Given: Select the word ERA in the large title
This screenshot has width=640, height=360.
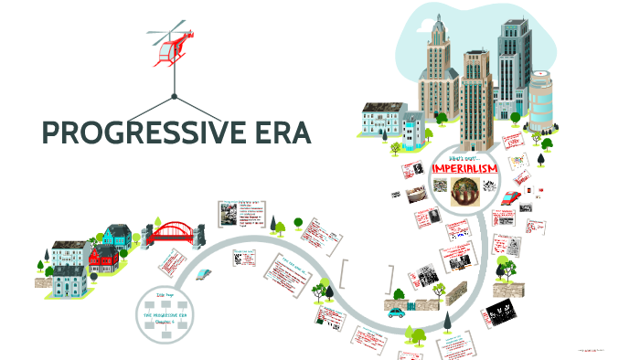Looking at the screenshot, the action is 278,133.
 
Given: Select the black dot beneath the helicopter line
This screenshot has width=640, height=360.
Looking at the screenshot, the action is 172,95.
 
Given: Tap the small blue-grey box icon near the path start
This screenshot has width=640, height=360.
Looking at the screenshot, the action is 211,273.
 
